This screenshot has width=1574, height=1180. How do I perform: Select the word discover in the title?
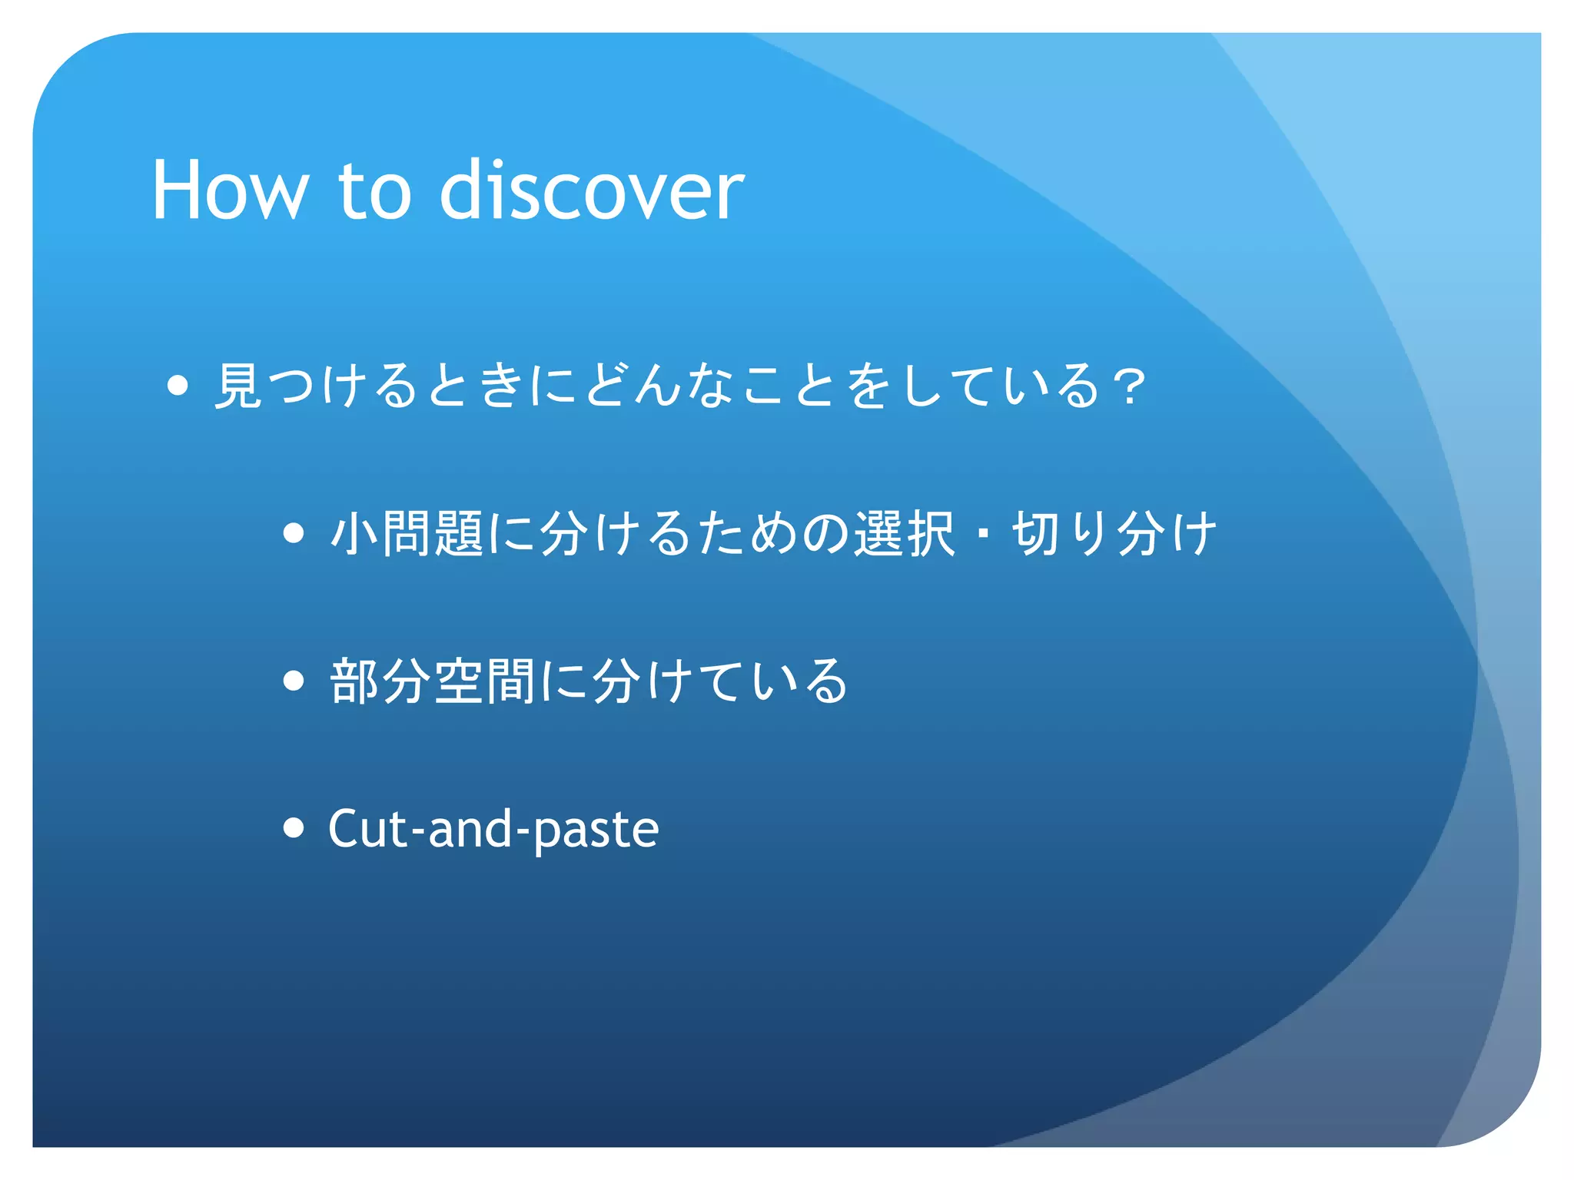click(x=591, y=191)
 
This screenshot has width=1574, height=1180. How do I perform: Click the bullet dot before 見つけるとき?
click(x=178, y=386)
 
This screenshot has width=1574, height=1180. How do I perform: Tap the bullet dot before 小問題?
click(x=294, y=533)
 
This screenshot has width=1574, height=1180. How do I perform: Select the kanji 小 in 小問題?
click(x=354, y=533)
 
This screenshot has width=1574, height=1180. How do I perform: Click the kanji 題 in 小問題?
click(x=459, y=533)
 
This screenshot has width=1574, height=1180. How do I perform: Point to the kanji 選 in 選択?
click(x=878, y=533)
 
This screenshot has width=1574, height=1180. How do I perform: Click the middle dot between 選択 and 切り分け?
click(x=983, y=533)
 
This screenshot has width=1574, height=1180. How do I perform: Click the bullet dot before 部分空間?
click(x=294, y=681)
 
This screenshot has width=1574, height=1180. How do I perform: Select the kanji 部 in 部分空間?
click(x=354, y=681)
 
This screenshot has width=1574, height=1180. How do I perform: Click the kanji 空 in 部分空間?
click(x=459, y=681)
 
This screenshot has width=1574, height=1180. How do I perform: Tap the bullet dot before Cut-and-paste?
click(x=294, y=828)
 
